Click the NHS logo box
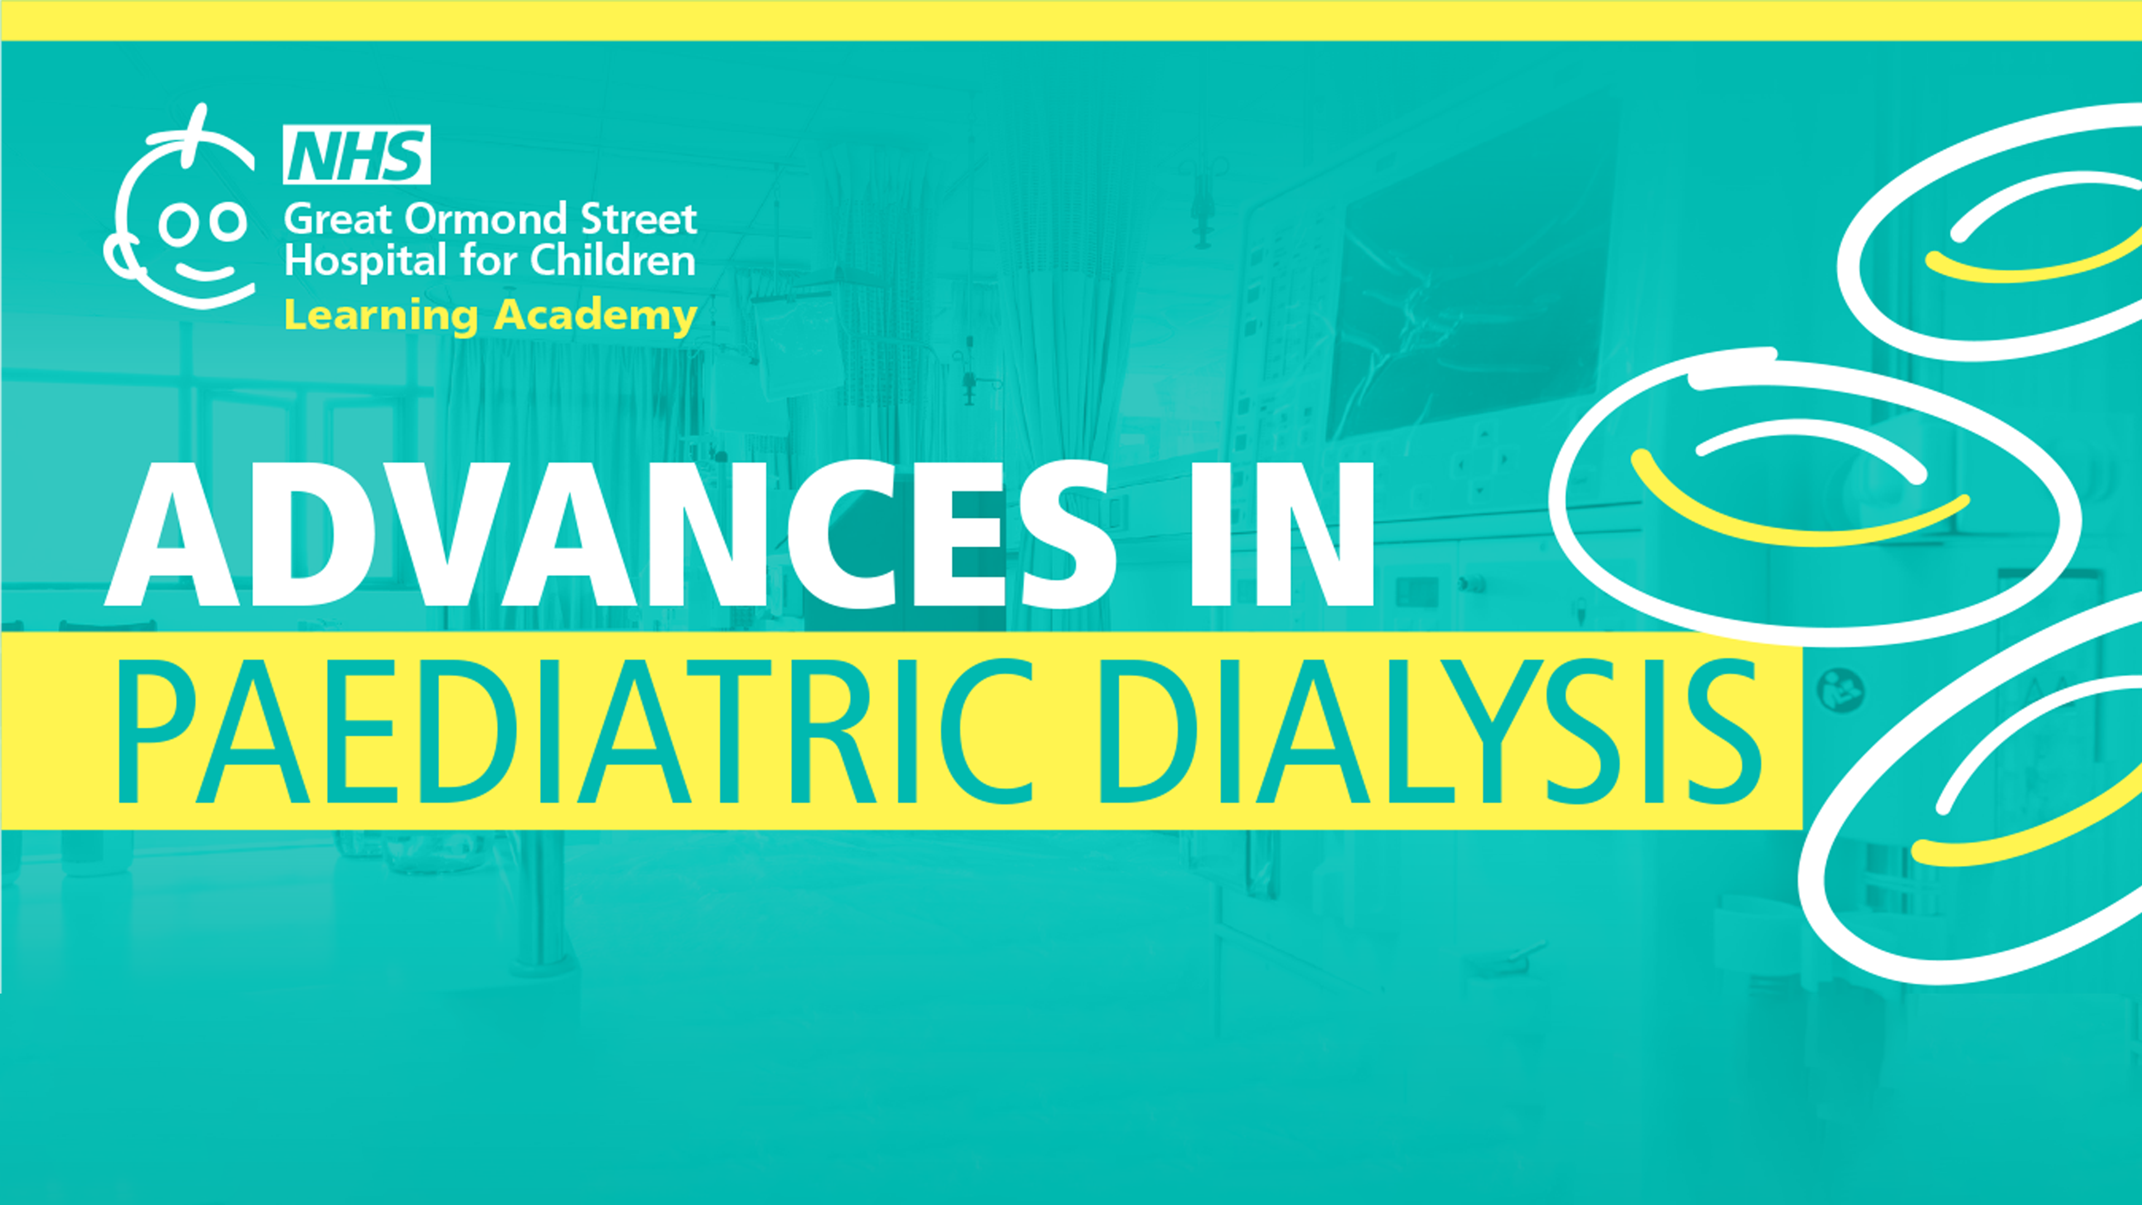357,155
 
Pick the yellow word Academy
595,316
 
